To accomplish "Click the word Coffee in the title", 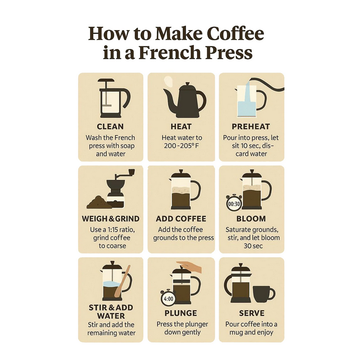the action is [235, 33].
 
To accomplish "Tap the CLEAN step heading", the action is [110, 126].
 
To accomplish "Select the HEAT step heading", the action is [181, 126].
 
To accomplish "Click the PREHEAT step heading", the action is [251, 126].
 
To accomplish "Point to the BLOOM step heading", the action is [251, 219].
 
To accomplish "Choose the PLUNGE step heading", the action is [181, 313].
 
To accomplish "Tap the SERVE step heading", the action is [251, 313].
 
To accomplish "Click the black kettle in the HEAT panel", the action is [184, 100].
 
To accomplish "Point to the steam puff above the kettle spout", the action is [167, 82].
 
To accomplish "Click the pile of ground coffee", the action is [98, 202].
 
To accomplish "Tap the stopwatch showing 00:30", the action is [234, 203].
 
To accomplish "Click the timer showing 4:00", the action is [169, 298].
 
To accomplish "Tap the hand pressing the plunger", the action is [190, 267].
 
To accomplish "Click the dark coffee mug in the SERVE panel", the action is [264, 294].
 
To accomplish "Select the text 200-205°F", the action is [181, 146].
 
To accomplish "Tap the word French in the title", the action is [169, 53].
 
